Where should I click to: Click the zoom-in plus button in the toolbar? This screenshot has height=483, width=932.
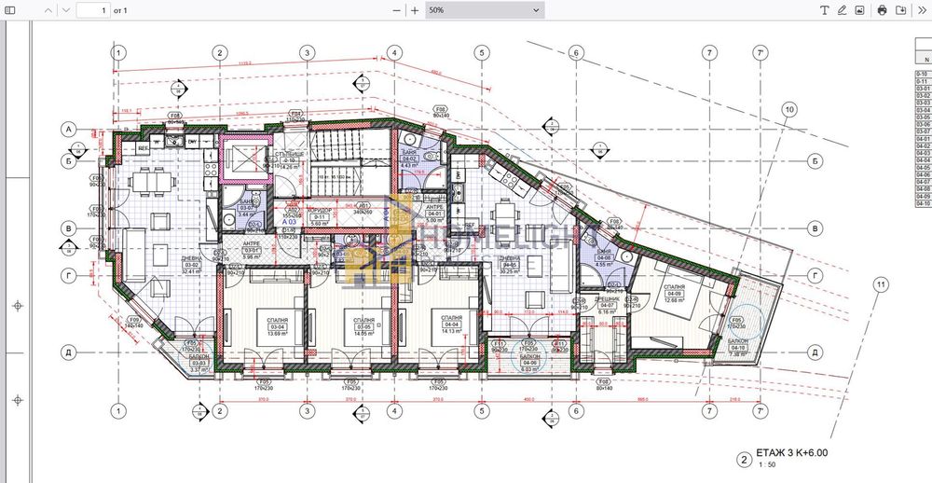pos(414,9)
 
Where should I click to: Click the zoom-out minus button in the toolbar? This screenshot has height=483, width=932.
pos(396,9)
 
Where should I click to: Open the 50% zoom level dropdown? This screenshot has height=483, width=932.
pos(484,9)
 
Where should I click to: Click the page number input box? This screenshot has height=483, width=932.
pos(91,9)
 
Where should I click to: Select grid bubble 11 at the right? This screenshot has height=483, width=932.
pos(878,284)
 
